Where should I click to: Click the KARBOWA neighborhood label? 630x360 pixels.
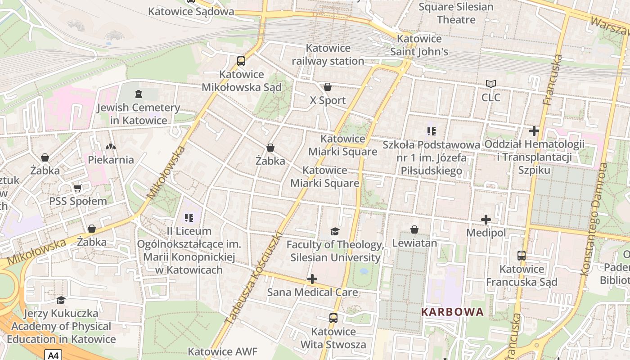(452, 312)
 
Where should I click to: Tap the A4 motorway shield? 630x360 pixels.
(53, 355)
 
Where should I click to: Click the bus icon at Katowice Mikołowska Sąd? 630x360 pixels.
(241, 61)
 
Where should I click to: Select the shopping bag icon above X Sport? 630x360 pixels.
(328, 87)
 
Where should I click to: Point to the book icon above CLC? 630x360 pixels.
(490, 84)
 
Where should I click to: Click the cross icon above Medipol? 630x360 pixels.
(486, 220)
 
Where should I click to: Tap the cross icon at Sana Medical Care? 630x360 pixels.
(312, 279)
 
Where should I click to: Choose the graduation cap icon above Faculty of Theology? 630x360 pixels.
(335, 232)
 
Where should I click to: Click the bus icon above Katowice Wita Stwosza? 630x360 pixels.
(333, 318)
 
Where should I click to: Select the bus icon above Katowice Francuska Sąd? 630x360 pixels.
(522, 256)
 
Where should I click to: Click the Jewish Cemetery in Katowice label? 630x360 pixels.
(139, 114)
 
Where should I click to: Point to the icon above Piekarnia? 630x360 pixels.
(111, 147)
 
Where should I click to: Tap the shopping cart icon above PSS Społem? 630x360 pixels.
(77, 188)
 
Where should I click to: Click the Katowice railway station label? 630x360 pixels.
(328, 54)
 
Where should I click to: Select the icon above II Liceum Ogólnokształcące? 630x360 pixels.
(189, 218)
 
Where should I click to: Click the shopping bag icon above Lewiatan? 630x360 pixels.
(414, 230)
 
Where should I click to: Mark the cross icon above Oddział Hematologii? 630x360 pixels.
(534, 131)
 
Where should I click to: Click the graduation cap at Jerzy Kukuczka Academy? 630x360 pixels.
(61, 300)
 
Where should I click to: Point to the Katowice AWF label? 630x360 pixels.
(222, 351)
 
